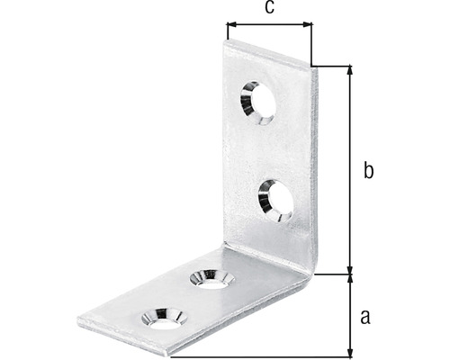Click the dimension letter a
tap(364, 316)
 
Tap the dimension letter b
tap(367, 170)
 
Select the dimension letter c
tap(268, 11)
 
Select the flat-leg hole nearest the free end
tap(157, 318)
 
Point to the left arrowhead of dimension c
tap(230, 25)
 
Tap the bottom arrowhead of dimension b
tap(349, 267)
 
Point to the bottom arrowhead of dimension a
tap(349, 352)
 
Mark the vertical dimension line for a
tap(349, 315)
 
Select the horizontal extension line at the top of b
tap(333, 66)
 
